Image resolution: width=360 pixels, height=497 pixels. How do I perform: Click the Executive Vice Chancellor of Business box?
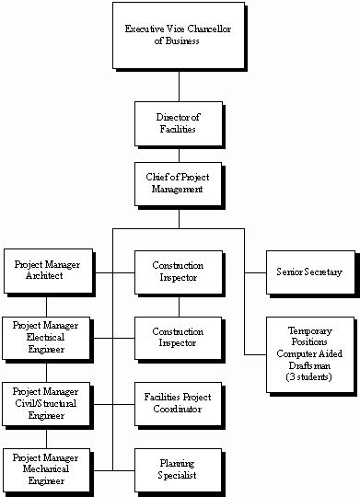(x=178, y=35)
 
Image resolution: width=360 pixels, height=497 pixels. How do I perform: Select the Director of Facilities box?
(x=178, y=123)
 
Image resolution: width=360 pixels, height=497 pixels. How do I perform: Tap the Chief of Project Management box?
(x=178, y=182)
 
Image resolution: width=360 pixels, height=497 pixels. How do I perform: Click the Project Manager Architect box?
(x=47, y=271)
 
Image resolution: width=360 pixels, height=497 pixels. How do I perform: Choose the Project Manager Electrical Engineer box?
(x=47, y=338)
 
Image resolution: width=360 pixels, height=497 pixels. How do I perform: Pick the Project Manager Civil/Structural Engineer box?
(x=47, y=402)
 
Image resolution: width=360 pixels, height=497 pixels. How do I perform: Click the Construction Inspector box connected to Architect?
(x=178, y=272)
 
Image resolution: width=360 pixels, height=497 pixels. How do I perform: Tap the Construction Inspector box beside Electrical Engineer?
(x=178, y=338)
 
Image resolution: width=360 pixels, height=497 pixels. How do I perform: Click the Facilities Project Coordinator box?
(x=178, y=403)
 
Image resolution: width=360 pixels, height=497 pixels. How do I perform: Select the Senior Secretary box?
(x=309, y=272)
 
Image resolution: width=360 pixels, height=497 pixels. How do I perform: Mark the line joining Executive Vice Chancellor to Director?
(x=179, y=85)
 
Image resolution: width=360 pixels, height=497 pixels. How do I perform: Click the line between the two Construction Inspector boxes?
(x=179, y=306)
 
